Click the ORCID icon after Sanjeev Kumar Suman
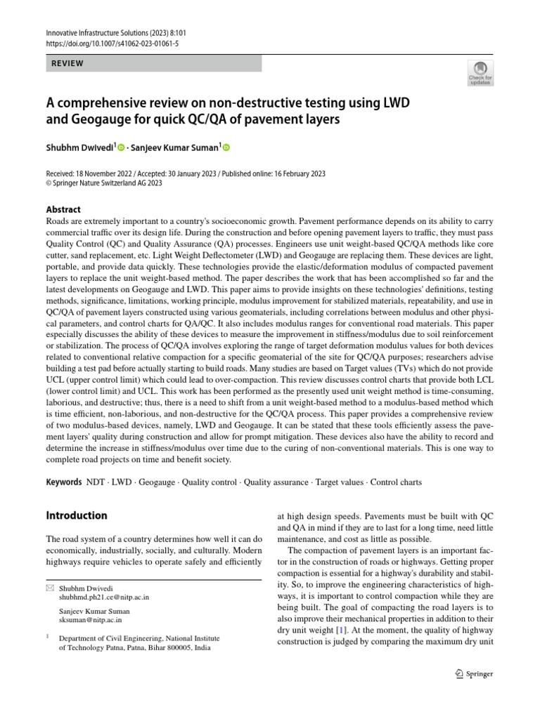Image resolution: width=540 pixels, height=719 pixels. [226, 147]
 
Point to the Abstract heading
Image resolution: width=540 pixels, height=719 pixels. [63, 209]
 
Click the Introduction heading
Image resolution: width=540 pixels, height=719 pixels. [77, 515]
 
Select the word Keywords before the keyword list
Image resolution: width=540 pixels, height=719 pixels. [63, 483]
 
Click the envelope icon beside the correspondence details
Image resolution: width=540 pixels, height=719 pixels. [49, 587]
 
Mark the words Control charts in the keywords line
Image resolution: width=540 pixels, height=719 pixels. [396, 483]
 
